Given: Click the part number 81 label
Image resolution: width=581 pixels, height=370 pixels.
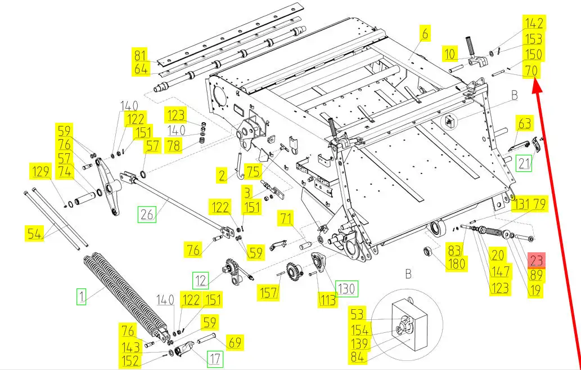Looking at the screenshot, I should (x=141, y=56).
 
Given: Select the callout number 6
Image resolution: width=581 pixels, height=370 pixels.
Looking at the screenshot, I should (x=425, y=34).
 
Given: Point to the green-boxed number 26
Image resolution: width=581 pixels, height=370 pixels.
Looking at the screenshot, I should (x=147, y=214).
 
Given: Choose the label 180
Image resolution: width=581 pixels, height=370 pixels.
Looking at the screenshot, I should (x=456, y=263).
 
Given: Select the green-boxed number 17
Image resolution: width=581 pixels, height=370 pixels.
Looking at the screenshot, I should (x=215, y=358).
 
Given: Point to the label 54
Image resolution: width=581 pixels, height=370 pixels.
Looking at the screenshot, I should (x=35, y=233).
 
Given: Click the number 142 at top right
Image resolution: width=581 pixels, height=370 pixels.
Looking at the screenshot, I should (x=534, y=23).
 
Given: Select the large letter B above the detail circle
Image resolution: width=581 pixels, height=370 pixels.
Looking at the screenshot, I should (x=409, y=274).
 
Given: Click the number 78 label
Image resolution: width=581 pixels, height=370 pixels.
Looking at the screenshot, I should (x=175, y=145).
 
